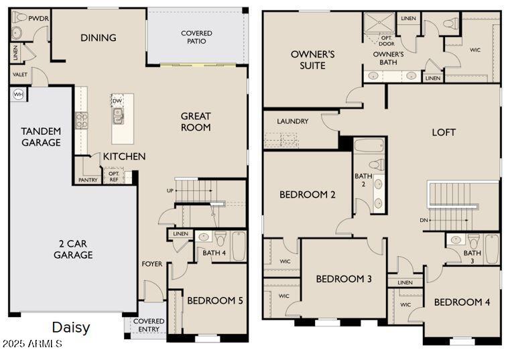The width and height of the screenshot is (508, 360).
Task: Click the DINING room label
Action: (98, 38)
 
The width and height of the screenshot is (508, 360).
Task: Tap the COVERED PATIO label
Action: (196, 38)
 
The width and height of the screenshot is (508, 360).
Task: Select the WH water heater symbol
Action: (18, 95)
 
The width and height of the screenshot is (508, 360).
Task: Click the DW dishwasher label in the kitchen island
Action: (117, 101)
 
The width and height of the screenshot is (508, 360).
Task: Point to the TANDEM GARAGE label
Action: (41, 137)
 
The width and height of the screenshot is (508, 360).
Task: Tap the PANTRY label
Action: (87, 180)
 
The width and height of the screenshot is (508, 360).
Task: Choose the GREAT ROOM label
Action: (196, 121)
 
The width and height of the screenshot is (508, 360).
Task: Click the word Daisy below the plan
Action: (71, 328)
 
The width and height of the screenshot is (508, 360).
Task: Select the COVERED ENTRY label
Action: (149, 326)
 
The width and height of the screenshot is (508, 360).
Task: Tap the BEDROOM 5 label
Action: (214, 300)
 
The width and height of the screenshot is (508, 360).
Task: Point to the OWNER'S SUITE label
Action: (312, 60)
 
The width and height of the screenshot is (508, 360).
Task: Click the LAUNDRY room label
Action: (292, 121)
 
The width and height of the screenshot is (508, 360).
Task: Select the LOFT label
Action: (443, 132)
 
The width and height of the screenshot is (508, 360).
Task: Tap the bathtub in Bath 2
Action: (369, 146)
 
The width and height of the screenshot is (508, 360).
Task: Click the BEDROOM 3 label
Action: (343, 279)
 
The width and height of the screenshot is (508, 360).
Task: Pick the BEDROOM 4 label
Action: (462, 302)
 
